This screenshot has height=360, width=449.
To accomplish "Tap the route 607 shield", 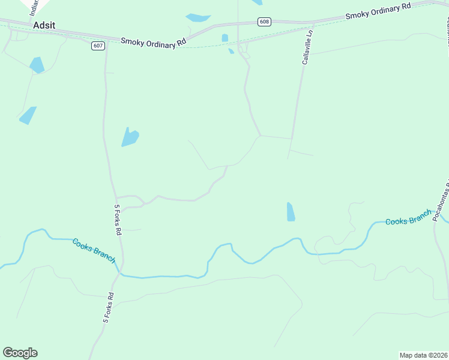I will coord(98,46).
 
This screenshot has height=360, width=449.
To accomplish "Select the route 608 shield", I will coord(265,22).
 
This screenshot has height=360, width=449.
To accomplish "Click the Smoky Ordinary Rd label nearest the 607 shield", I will coord(154,42).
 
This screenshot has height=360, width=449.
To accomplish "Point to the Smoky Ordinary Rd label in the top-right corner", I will coord(378,11).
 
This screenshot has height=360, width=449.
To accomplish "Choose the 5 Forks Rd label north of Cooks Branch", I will coord(118,220).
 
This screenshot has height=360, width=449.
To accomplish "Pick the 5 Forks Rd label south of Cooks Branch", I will coord(109,308).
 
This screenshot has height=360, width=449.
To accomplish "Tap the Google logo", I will coord(20,353).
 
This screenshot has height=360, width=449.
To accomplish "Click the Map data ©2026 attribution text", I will coord(423,355).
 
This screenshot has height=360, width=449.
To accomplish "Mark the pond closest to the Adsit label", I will coord(37,65).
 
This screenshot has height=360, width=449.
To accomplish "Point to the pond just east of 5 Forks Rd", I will coord(130,137).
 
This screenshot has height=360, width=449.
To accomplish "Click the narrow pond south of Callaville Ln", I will coord(291,212).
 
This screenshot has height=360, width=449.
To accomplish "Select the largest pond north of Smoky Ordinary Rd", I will coord(199,18).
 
